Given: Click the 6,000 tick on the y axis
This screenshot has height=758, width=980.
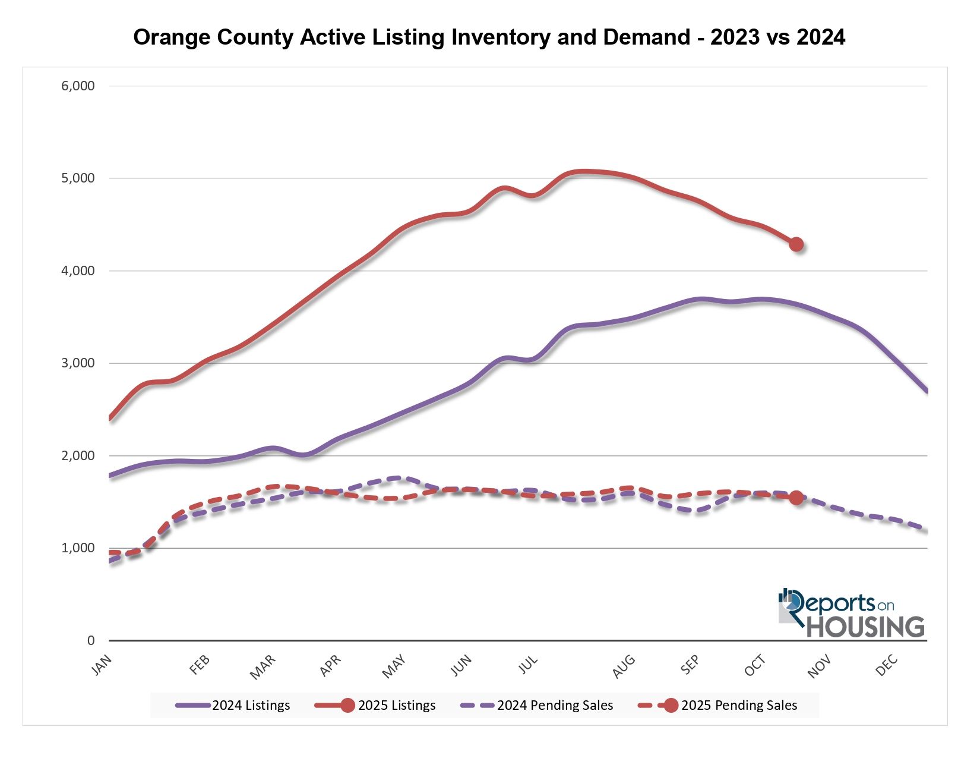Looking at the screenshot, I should (x=78, y=86).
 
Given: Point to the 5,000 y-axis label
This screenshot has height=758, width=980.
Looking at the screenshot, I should (x=78, y=178).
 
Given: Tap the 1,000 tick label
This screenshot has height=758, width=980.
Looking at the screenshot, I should (x=78, y=548).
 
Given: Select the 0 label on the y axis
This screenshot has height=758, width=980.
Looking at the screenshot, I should (x=91, y=640).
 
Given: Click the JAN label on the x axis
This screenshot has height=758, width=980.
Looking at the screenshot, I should (x=102, y=665).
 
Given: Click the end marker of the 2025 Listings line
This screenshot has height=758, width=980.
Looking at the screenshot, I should (x=796, y=244).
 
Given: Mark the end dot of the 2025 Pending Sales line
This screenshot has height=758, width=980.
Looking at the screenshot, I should (x=796, y=498).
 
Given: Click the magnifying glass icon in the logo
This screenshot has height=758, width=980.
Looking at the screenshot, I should (x=791, y=603).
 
